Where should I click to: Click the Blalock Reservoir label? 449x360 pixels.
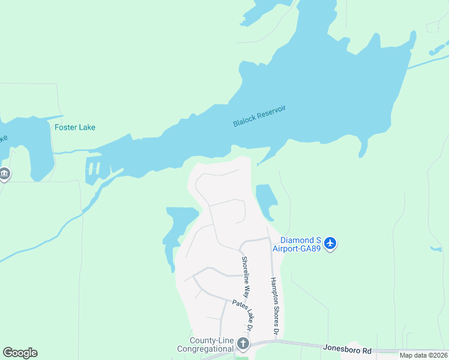(x=259, y=116)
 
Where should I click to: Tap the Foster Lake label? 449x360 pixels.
(x=75, y=127)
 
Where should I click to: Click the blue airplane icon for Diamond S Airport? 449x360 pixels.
(x=330, y=244)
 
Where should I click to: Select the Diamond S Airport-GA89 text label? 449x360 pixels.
(x=298, y=244)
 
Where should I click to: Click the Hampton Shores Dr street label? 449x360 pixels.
(x=274, y=306)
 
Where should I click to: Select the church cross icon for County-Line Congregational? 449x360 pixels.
(x=243, y=344)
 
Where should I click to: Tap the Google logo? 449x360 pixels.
(x=20, y=353)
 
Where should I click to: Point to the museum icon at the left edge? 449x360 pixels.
(x=4, y=174)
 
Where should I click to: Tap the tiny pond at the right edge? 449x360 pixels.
(x=436, y=248)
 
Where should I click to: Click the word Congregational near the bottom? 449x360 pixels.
(x=205, y=349)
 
